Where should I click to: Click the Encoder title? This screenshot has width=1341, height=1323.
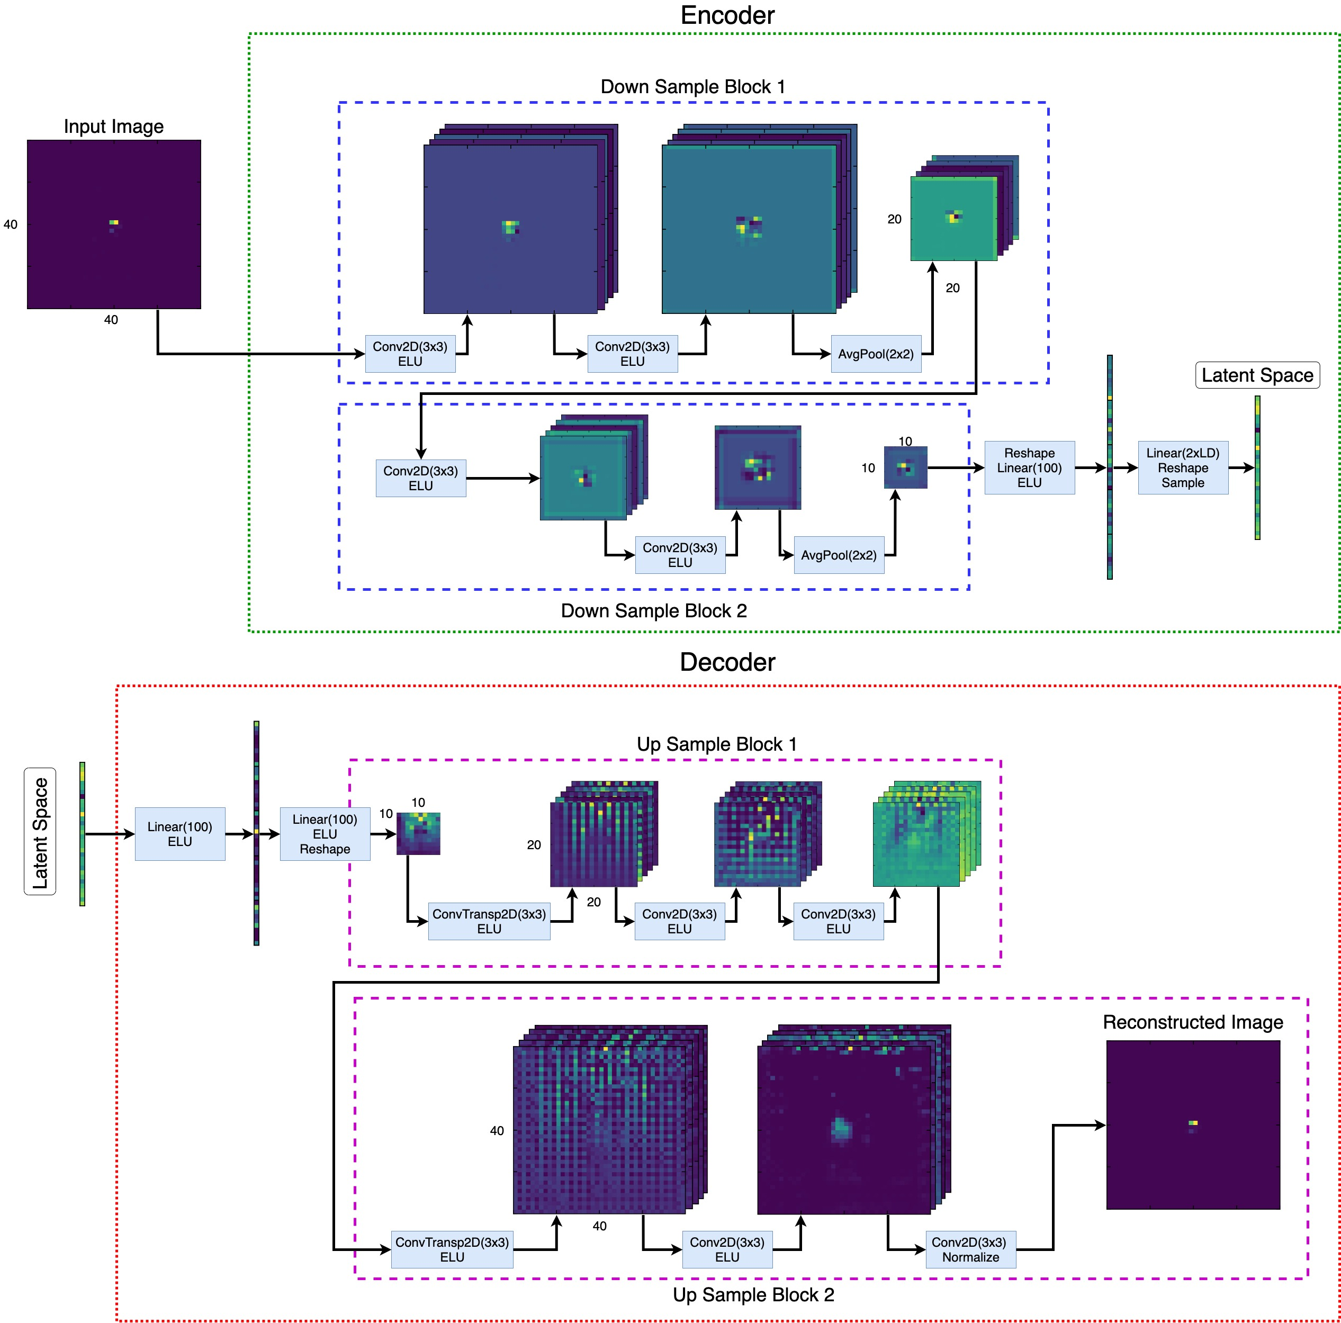[x=727, y=15]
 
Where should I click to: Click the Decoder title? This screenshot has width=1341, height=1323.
[x=727, y=662]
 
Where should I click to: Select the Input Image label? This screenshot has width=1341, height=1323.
[x=114, y=127]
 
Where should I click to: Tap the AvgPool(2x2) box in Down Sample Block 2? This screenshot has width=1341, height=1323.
[x=839, y=555]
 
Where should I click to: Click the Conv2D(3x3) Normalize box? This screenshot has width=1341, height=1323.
[x=970, y=1249]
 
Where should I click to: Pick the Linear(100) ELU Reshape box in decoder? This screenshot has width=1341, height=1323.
[x=325, y=834]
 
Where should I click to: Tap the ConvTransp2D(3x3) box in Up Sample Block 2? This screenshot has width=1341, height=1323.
[x=452, y=1249]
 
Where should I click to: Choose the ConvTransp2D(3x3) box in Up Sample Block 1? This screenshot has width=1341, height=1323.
[x=489, y=921]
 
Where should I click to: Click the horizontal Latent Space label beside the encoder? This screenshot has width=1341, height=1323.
[x=1257, y=375]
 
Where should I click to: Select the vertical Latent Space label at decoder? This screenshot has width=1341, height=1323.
[x=40, y=832]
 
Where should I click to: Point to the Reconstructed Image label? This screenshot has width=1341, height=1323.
[x=1192, y=1022]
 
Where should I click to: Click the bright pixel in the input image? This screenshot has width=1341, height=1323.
[x=114, y=222]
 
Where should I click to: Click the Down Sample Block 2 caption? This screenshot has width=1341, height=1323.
[x=653, y=611]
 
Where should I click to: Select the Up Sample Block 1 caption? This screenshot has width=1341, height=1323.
[x=716, y=744]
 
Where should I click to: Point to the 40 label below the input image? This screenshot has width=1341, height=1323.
[x=111, y=320]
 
